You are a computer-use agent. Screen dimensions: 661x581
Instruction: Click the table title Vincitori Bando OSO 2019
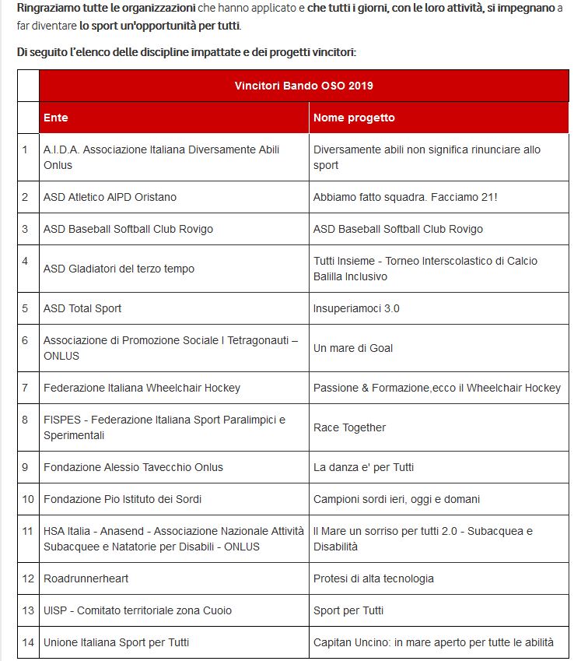tap(309, 86)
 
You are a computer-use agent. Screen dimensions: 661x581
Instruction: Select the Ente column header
tap(56, 118)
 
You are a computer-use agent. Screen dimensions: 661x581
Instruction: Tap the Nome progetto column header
tap(354, 118)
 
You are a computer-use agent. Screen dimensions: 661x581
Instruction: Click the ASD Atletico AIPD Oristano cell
tap(110, 197)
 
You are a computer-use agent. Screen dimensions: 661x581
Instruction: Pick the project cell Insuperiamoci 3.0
tap(356, 308)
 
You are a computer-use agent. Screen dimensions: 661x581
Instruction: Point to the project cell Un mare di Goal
tap(353, 348)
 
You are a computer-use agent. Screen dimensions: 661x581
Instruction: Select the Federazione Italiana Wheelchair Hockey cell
tap(142, 388)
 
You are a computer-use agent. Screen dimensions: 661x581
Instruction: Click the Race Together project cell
tap(349, 427)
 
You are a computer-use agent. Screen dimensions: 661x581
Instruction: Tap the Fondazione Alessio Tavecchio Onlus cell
tap(133, 467)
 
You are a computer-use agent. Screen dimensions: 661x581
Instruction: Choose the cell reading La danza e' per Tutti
tap(363, 467)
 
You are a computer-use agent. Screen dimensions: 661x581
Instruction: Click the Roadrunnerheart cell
tap(86, 578)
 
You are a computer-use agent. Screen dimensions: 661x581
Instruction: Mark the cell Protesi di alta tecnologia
tap(373, 578)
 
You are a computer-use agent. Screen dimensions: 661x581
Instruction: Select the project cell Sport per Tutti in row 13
tap(348, 610)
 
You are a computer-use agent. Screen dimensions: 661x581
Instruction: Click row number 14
tap(28, 642)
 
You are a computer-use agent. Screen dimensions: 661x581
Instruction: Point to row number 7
tap(26, 388)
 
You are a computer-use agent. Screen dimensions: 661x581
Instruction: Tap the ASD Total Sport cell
tap(82, 308)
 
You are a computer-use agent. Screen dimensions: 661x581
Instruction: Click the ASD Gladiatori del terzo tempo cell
tap(119, 269)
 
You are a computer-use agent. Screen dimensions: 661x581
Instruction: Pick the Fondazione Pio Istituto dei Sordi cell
tap(128, 499)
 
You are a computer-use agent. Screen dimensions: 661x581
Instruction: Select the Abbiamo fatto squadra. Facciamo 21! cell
tap(405, 197)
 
